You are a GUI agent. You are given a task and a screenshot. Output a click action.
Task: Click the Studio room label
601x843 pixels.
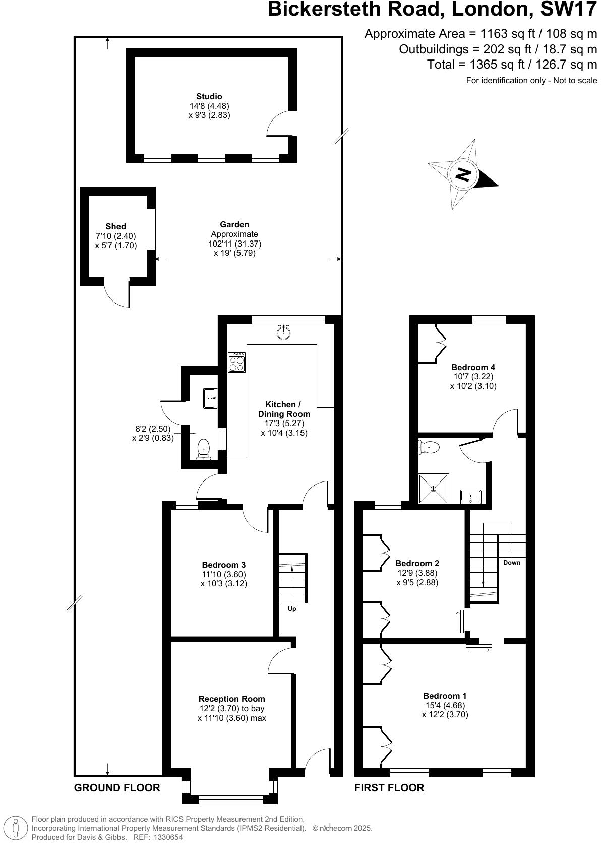209,96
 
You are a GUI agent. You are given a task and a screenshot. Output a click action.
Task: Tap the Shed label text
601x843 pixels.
115,226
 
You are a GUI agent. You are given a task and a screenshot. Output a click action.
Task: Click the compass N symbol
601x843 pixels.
463,174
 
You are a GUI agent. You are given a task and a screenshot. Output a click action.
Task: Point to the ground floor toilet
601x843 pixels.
203,448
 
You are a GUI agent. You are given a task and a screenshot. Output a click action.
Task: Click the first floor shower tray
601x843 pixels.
434,489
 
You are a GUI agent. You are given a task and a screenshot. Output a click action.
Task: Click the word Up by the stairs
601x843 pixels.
292,609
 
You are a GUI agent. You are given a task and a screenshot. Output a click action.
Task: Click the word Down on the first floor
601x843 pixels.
511,562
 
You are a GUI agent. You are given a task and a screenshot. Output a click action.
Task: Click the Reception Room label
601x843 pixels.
231,699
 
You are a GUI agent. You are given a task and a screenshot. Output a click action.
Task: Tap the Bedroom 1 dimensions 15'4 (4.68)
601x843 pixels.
445,705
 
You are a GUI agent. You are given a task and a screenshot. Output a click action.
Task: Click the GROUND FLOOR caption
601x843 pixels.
117,788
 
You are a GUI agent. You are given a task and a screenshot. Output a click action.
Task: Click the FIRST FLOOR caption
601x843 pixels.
389,788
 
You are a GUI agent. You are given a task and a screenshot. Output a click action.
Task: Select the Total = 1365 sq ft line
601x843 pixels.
512,64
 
